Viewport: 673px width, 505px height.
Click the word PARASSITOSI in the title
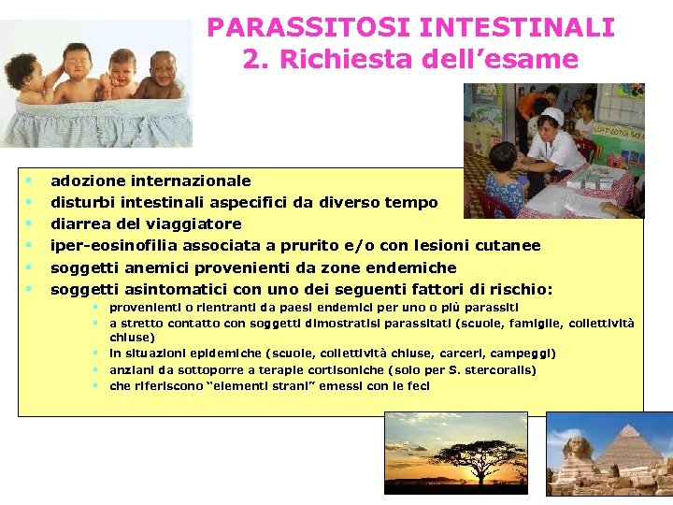[x=292, y=27]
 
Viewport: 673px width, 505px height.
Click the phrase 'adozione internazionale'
[x=150, y=180]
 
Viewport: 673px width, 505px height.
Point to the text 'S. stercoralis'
[x=498, y=369]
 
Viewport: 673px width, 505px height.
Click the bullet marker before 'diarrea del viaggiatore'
[x=31, y=224]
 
